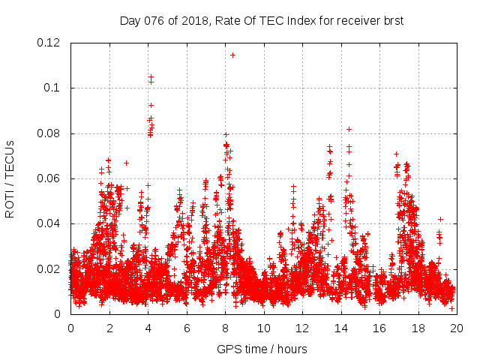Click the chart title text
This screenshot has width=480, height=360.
262,20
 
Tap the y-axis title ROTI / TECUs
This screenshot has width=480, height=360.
10,178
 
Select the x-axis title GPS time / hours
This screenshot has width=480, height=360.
262,349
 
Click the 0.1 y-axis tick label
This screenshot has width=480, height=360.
53,88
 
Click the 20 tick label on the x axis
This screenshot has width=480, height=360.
456,328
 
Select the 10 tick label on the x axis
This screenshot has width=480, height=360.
263,328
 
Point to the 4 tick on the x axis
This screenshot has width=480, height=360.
148,328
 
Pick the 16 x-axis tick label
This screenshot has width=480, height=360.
379,328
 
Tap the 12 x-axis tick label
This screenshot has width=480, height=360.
301,328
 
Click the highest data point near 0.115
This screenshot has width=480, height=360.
232,55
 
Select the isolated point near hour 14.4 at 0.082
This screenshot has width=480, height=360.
349,129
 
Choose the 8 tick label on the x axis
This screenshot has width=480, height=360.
225,328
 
